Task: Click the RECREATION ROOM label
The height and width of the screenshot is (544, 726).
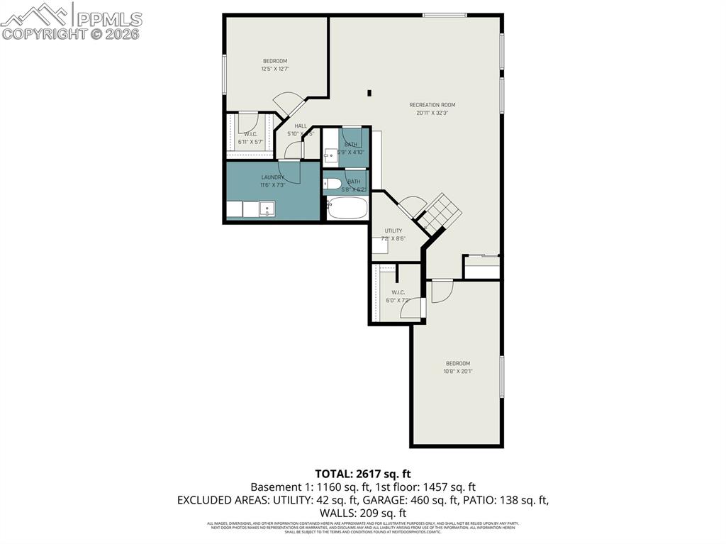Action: pyautogui.click(x=432, y=105)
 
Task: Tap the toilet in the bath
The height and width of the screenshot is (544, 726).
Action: pyautogui.click(x=331, y=187)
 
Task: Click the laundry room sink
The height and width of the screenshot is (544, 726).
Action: pyautogui.click(x=267, y=209)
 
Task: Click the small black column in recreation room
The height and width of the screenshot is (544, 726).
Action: pyautogui.click(x=369, y=92)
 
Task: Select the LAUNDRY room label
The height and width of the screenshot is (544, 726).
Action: pyautogui.click(x=272, y=177)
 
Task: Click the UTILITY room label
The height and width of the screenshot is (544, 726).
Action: pyautogui.click(x=393, y=231)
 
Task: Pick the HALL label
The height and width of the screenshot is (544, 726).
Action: pyautogui.click(x=301, y=126)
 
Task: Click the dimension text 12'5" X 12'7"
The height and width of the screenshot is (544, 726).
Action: pyautogui.click(x=275, y=69)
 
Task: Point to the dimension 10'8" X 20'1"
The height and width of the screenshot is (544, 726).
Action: pyautogui.click(x=457, y=371)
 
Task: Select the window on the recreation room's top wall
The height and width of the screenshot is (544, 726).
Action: pyautogui.click(x=445, y=15)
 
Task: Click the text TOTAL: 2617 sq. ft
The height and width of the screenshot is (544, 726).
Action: pyautogui.click(x=363, y=473)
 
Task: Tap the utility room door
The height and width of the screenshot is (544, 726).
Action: pyautogui.click(x=411, y=207)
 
